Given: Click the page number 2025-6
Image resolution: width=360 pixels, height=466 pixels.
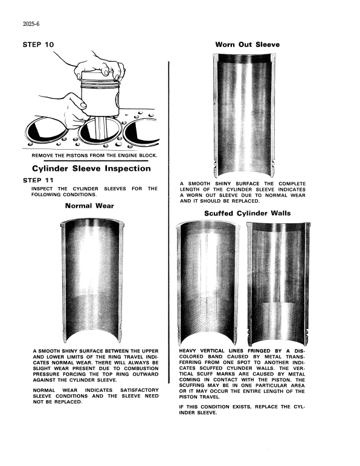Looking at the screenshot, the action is click(x=31, y=24).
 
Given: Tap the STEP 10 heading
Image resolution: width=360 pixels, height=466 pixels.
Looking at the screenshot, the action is click(x=38, y=45).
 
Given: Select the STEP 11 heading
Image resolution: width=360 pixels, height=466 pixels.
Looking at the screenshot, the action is click(x=38, y=180).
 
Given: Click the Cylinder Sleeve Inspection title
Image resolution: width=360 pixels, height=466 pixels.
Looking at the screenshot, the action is click(x=91, y=168).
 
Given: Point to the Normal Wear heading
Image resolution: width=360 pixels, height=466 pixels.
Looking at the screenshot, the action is click(x=89, y=206).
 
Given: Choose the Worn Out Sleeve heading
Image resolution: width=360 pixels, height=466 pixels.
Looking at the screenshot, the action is click(x=247, y=45).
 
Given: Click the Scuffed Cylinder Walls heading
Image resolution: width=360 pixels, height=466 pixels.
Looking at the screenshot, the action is click(x=247, y=214).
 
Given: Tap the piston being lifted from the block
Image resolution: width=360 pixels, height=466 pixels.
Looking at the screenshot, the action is click(x=100, y=96).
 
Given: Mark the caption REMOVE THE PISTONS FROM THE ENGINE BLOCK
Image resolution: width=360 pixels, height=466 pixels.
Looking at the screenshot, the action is click(x=94, y=155).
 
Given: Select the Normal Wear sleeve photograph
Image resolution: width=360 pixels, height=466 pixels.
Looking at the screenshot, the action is click(x=92, y=281).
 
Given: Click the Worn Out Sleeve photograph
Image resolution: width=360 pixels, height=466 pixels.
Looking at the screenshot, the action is click(x=245, y=115).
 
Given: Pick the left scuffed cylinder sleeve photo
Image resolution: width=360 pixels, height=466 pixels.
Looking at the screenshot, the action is click(x=208, y=283).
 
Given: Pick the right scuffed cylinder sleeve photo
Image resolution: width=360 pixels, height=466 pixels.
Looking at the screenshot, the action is click(x=278, y=284).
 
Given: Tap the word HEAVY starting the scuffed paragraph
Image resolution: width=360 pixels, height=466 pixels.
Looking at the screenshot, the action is click(x=187, y=351).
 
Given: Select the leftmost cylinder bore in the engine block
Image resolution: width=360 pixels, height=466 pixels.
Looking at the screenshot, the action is click(x=46, y=131).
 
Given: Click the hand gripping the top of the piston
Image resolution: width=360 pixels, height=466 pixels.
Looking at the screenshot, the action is click(x=100, y=67).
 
